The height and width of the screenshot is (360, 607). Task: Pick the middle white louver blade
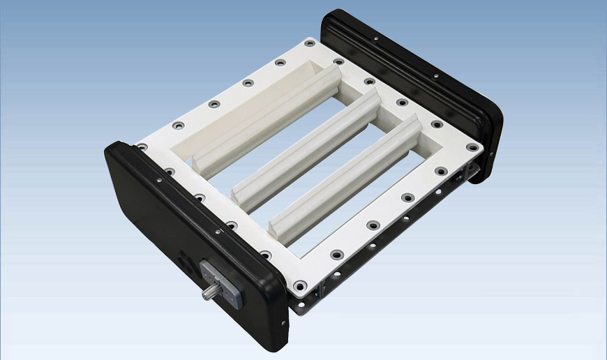[x=307, y=147]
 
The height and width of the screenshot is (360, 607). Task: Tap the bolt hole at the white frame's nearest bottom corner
[x=299, y=285]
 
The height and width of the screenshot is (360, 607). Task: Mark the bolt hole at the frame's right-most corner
[x=473, y=148]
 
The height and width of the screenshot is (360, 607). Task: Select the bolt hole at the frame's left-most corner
[x=142, y=147]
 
